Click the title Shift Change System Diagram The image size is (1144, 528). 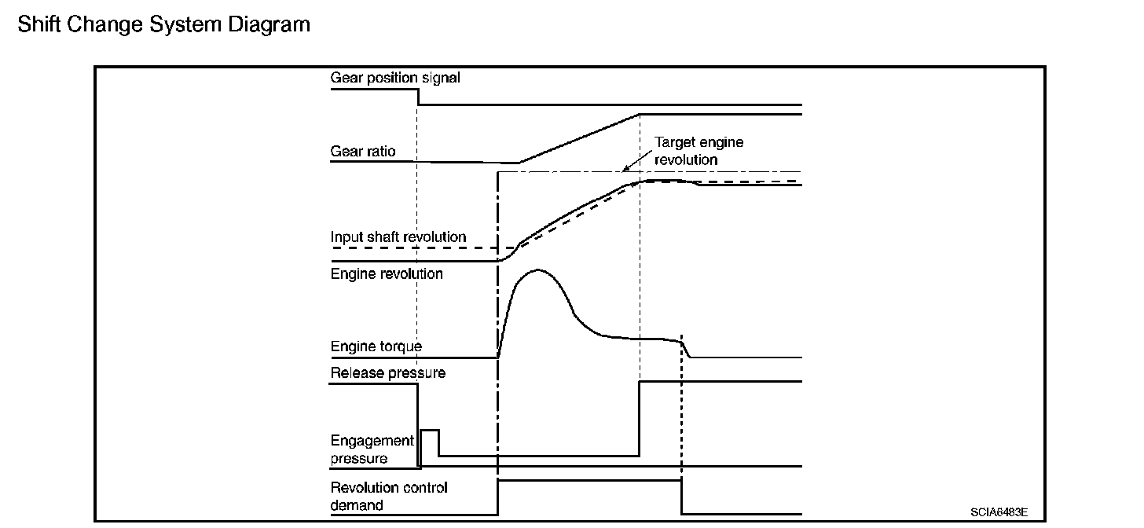(x=163, y=24)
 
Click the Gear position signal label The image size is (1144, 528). (x=395, y=78)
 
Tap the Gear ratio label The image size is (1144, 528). (x=363, y=151)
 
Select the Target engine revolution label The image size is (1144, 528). (x=698, y=151)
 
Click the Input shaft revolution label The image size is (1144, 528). (x=398, y=237)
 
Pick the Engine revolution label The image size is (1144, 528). (x=387, y=274)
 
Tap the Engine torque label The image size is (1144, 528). (x=376, y=346)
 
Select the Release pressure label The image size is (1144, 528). (x=387, y=373)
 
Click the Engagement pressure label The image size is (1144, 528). (x=372, y=449)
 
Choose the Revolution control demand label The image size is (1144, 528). (x=389, y=496)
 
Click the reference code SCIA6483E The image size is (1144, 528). (x=998, y=512)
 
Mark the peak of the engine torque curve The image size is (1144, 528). (x=538, y=269)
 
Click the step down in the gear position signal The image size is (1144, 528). (x=417, y=97)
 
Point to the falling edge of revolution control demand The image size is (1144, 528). (x=681, y=497)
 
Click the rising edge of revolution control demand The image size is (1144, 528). (x=498, y=497)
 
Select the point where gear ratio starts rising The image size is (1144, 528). (x=519, y=163)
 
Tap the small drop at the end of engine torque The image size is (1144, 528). (x=686, y=349)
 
